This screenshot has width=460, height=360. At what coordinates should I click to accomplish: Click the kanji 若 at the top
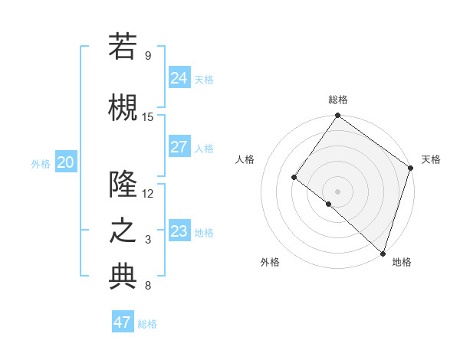(123, 47)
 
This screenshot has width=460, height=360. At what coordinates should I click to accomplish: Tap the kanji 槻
(123, 106)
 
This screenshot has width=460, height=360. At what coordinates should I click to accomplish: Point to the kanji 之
(123, 231)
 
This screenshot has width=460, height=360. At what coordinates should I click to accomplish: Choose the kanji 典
(123, 277)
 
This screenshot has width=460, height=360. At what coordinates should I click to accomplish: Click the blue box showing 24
(179, 78)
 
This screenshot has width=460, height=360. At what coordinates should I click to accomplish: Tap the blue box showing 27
(179, 147)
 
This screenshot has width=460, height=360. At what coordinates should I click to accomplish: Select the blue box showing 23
(179, 231)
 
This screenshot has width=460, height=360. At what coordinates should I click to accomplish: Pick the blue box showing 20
(66, 162)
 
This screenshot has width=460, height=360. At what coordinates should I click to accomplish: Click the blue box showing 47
(123, 322)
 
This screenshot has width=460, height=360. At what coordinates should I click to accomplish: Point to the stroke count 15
(148, 116)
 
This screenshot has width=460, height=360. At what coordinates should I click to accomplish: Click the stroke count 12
(148, 193)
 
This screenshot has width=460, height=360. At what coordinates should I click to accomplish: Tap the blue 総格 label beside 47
(147, 324)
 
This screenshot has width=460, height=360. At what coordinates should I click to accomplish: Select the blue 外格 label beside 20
(41, 163)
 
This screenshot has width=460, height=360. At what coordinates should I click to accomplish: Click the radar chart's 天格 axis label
(431, 159)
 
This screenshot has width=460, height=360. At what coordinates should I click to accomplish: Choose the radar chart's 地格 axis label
(402, 262)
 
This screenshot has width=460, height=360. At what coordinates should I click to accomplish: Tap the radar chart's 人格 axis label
(245, 159)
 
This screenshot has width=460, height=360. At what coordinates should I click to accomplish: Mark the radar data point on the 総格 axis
(337, 116)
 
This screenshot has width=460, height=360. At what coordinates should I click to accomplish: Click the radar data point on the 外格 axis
(328, 204)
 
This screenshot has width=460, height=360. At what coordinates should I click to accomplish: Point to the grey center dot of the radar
(337, 191)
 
